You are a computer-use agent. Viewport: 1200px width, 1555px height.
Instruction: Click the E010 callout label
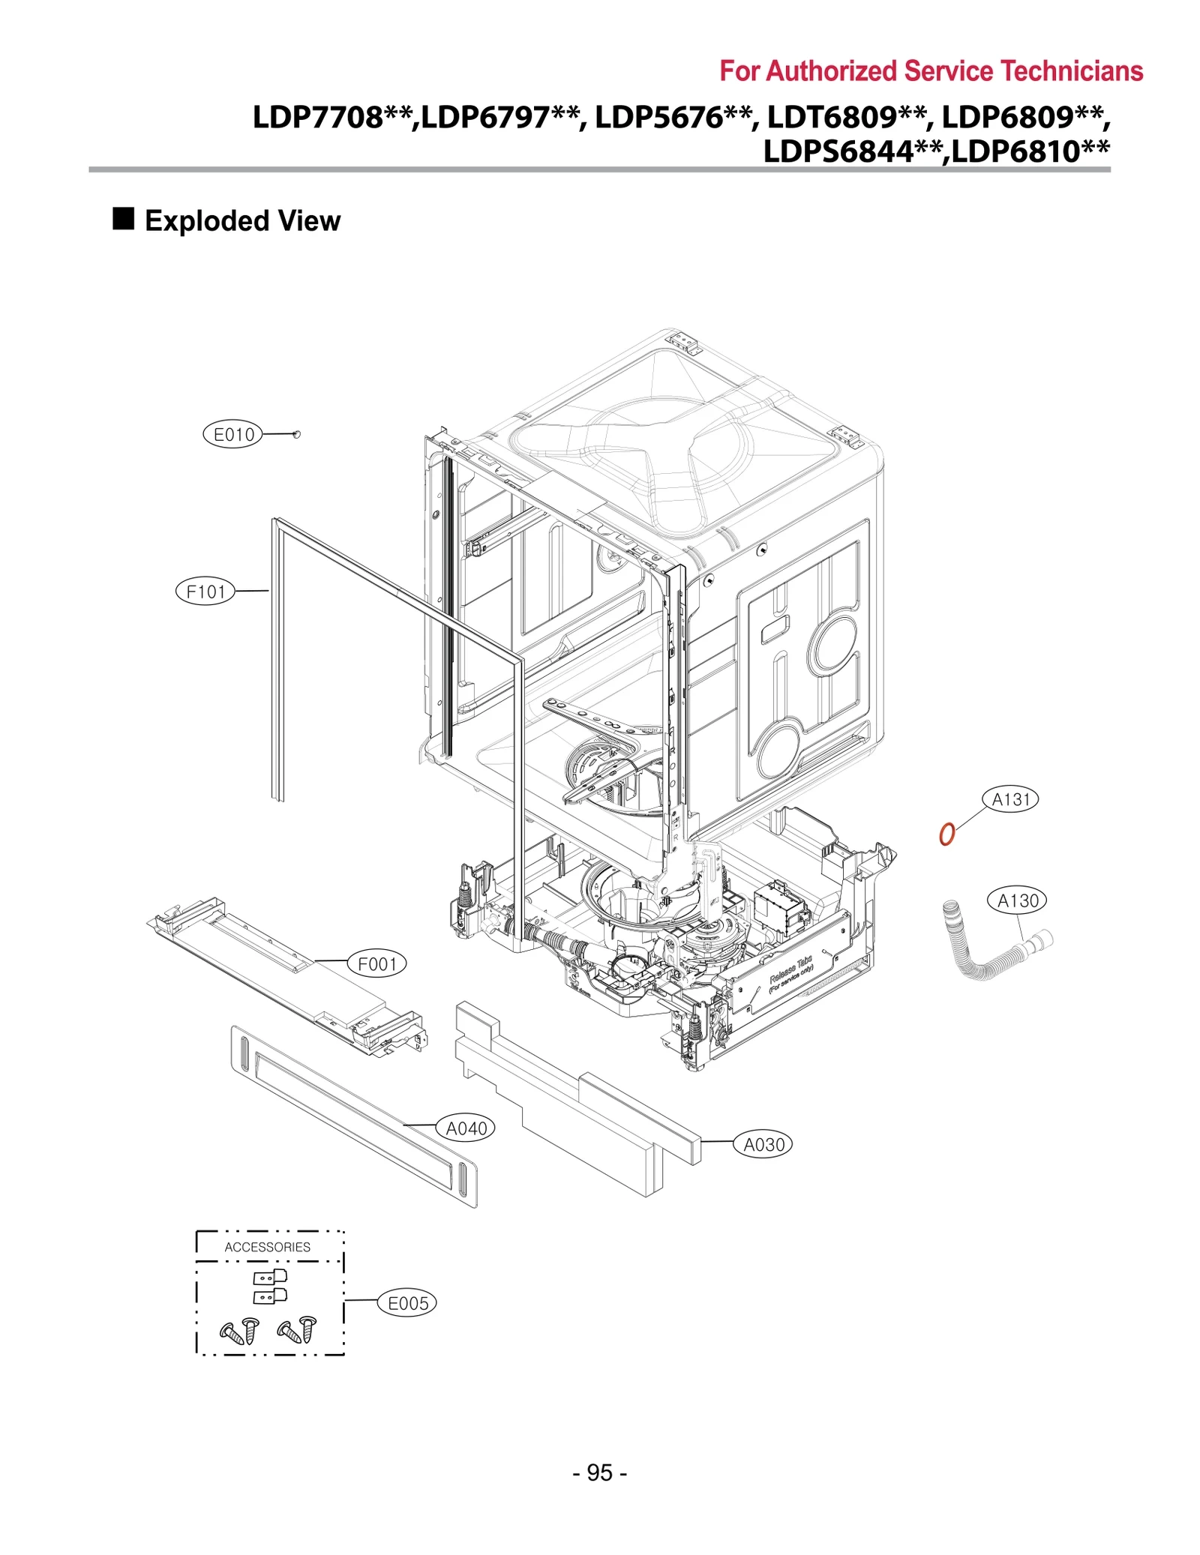tap(233, 434)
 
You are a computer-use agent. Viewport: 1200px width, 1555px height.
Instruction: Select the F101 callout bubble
tap(205, 592)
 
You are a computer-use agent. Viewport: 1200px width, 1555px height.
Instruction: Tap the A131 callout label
tap(1010, 799)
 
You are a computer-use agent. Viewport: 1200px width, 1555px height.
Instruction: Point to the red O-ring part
tap(947, 834)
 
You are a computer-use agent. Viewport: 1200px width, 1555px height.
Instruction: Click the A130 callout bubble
tap(1017, 900)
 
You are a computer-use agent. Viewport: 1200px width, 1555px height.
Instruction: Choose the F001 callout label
tap(376, 964)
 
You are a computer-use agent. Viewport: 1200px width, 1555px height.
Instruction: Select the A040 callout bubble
tap(466, 1128)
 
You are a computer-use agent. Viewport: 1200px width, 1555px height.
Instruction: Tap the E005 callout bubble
tap(407, 1304)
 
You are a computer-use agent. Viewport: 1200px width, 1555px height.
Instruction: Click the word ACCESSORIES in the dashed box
tap(268, 1247)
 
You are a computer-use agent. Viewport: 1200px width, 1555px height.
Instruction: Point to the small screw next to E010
tap(296, 434)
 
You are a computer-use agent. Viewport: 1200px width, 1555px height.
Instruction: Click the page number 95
tap(599, 1473)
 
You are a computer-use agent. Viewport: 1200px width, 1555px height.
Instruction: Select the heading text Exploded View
tap(242, 221)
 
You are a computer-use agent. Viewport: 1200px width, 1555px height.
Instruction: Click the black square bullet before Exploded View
tap(124, 219)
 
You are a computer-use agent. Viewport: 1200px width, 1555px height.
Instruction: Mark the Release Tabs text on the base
tap(790, 969)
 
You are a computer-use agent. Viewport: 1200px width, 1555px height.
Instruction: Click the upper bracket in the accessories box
tap(270, 1277)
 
